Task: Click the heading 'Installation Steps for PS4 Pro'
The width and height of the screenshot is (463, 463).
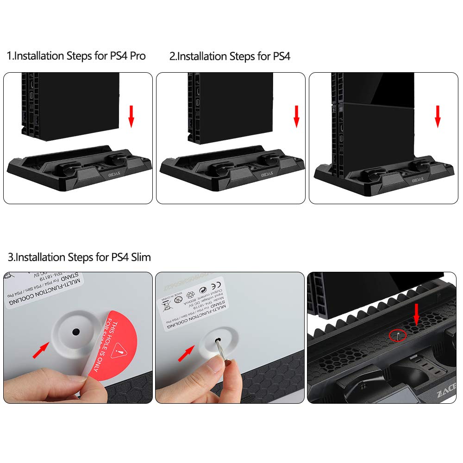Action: pos(76,56)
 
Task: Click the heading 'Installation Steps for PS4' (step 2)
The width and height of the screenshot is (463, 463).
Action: pos(230,56)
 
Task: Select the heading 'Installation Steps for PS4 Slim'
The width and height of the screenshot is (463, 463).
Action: pos(79,257)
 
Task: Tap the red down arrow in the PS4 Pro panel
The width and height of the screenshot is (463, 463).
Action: pos(131,116)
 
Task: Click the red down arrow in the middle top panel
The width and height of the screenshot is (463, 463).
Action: pos(297,116)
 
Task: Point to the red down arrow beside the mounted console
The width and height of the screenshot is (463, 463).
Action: pos(438,116)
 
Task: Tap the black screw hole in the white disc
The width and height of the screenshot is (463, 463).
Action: pos(76,332)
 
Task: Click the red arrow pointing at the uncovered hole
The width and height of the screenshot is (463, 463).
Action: pos(41,351)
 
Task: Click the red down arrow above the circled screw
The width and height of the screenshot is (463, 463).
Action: pos(416,314)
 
